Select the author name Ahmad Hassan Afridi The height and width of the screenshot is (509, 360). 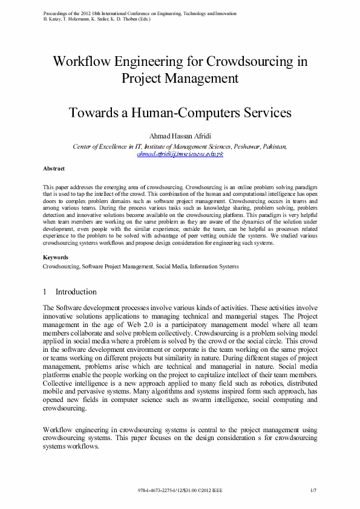pyautogui.click(x=180, y=136)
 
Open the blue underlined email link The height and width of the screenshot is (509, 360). pyautogui.click(x=180, y=154)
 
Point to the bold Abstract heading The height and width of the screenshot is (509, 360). pyautogui.click(x=54, y=168)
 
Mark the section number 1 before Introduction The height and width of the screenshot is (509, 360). pyautogui.click(x=45, y=292)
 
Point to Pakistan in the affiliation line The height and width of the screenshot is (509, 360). pyautogui.click(x=274, y=146)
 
